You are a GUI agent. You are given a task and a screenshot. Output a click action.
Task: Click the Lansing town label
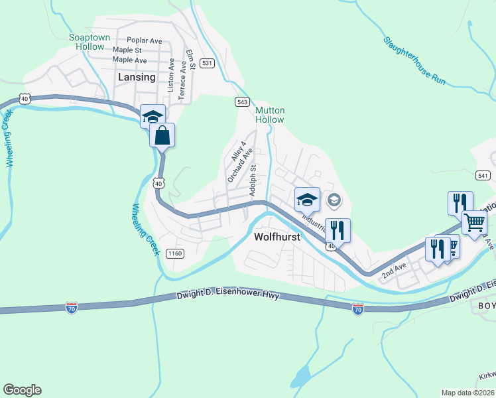tap(137, 77)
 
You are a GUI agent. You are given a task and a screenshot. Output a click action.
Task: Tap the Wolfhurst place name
tap(277, 236)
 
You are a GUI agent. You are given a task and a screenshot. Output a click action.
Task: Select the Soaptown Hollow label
tap(90, 42)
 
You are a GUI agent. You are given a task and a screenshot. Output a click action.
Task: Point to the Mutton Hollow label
tap(270, 115)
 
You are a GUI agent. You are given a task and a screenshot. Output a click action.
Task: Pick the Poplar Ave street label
tap(145, 40)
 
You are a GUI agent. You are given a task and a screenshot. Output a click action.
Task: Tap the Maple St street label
tap(127, 50)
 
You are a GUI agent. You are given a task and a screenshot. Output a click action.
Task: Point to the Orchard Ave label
tap(240, 165)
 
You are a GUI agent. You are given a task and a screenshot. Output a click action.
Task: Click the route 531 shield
tap(208, 63)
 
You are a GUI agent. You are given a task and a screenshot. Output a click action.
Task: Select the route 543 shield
tap(242, 101)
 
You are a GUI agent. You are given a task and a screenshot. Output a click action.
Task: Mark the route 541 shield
tap(483, 174)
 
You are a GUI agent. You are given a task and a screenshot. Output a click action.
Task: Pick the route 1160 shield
tap(175, 253)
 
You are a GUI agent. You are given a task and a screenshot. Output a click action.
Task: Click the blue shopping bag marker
tap(162, 135)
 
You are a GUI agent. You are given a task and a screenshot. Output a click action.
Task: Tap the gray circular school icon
tap(334, 200)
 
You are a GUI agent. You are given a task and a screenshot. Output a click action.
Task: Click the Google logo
tap(22, 390)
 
